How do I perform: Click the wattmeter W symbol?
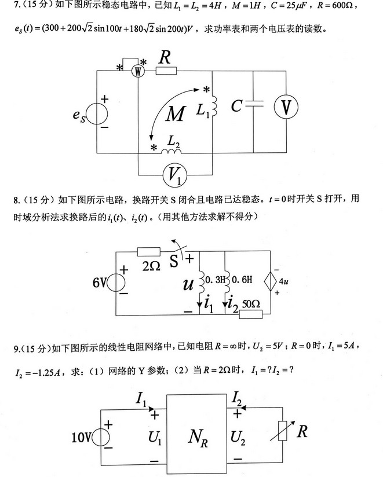tap(138, 71)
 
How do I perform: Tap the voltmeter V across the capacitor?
tap(286, 108)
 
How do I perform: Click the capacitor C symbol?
tap(254, 106)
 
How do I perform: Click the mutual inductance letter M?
tap(174, 114)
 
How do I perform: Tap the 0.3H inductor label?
tap(215, 278)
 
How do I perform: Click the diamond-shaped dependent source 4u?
tap(272, 282)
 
